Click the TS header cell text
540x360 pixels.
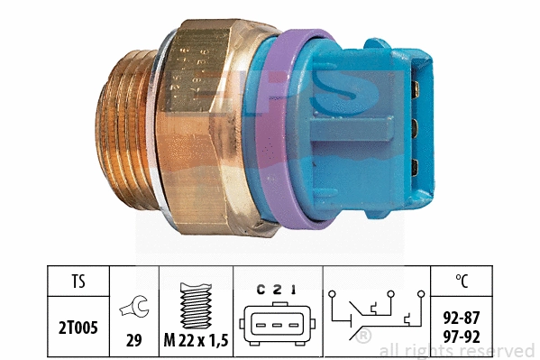pos(76,282)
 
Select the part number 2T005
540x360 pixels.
pos(76,321)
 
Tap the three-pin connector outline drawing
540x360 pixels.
pos(276,323)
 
